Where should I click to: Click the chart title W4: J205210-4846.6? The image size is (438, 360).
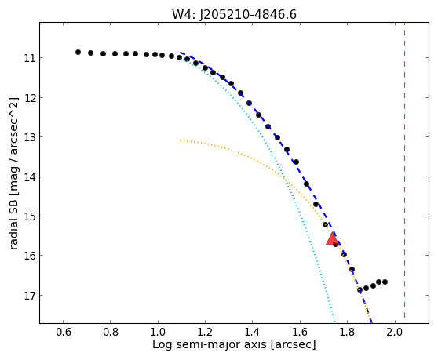point(234,14)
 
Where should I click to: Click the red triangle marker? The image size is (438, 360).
point(332,239)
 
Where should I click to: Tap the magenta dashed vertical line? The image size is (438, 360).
point(404,170)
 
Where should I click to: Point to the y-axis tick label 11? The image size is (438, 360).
point(29,58)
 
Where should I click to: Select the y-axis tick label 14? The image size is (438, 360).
point(29,176)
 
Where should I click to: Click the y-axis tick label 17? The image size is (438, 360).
point(29,296)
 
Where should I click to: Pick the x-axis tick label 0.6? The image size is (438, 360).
point(63,332)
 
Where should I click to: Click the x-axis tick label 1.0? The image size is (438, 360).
point(158,332)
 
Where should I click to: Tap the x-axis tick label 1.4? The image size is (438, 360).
point(253,332)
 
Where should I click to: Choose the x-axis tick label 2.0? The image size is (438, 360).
point(395,332)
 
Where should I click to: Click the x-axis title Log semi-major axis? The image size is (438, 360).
point(210,344)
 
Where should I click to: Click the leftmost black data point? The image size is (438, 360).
point(78,53)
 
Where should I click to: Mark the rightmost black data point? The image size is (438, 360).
point(385,282)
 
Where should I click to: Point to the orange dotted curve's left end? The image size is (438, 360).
point(181,140)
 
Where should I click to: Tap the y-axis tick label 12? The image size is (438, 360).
point(29,98)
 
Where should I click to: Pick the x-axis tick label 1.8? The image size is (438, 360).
point(347,332)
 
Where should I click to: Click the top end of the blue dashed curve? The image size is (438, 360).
point(181,53)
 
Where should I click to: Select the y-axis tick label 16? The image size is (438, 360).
point(29,256)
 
